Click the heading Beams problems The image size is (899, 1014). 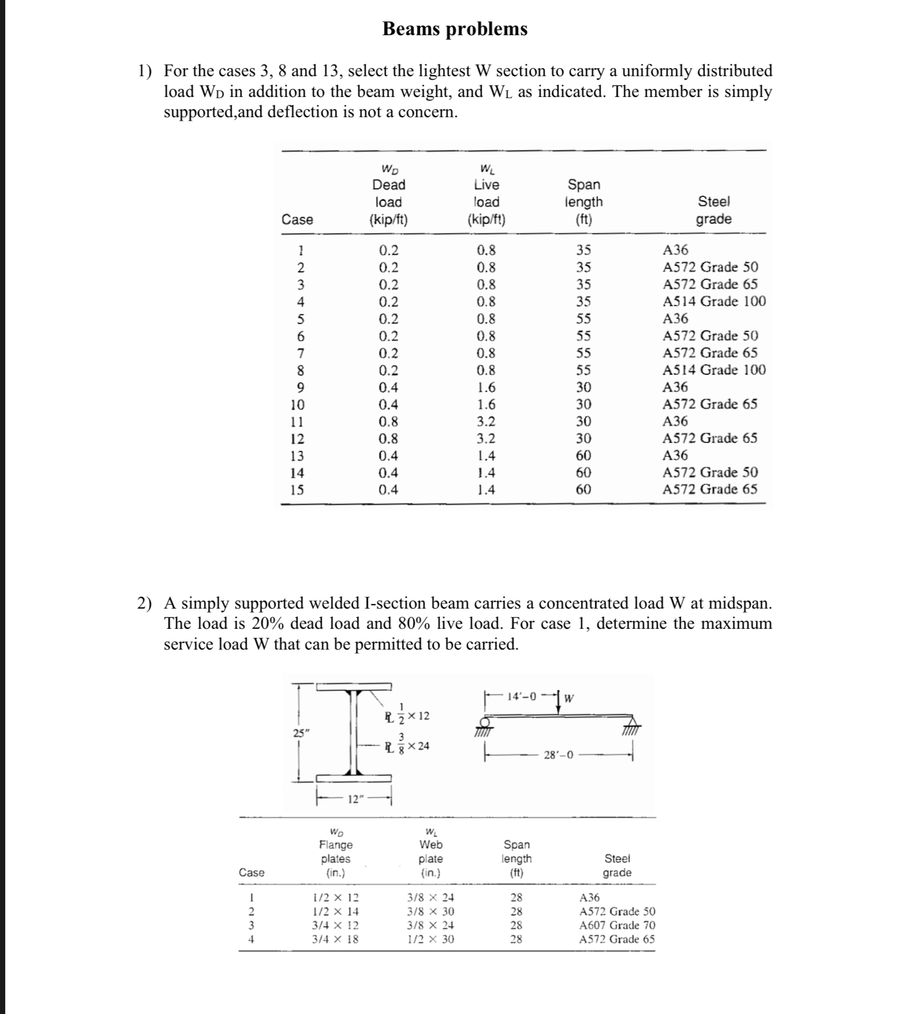point(454,29)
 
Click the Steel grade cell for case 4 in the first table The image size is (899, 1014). point(714,301)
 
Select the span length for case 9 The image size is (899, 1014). point(583,387)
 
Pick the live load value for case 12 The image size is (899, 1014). point(486,438)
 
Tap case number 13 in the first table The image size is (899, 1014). point(297,456)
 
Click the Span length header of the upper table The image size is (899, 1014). point(584,202)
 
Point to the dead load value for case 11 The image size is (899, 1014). point(388,422)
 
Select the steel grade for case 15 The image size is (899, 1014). point(709,490)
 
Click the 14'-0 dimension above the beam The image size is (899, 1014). point(521,696)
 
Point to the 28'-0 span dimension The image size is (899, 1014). point(558,755)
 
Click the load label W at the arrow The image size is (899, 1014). point(569,698)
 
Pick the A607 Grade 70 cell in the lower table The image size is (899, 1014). point(617,925)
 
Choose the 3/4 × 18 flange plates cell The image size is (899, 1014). point(335,939)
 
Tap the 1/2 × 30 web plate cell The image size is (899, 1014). point(430,939)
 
